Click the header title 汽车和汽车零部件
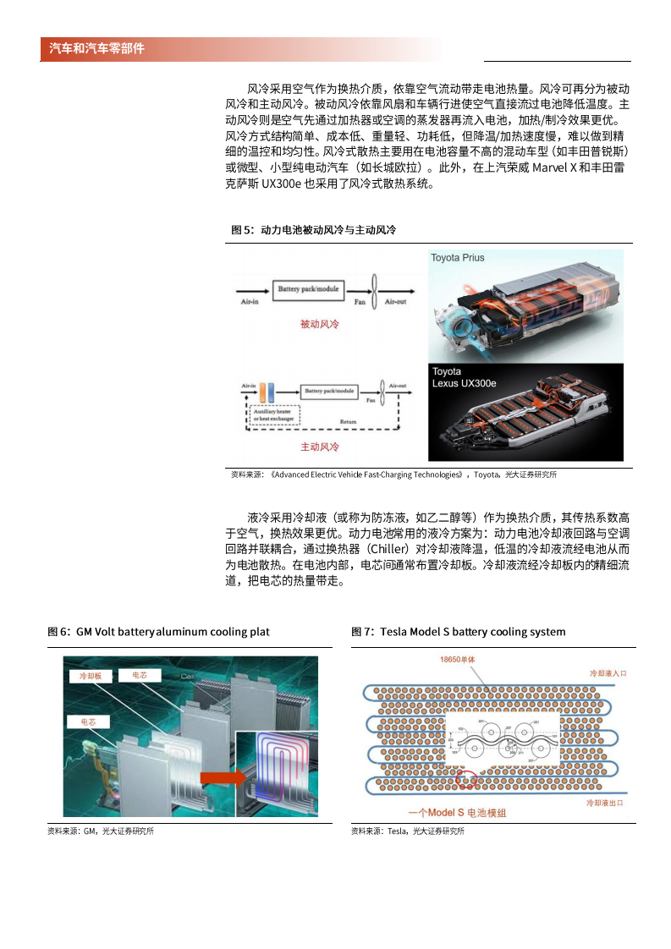(x=96, y=49)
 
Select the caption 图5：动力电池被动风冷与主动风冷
(x=314, y=230)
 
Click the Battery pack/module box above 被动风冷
(x=308, y=290)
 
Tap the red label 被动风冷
(x=319, y=324)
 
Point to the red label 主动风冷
(x=319, y=447)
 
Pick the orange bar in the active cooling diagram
(x=263, y=392)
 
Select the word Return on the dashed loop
(x=348, y=420)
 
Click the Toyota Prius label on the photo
(x=458, y=257)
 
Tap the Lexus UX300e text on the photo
(x=465, y=383)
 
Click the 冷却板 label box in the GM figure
(x=90, y=676)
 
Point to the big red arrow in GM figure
(x=221, y=776)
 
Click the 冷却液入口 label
(x=608, y=673)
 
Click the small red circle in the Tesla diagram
(x=465, y=778)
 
